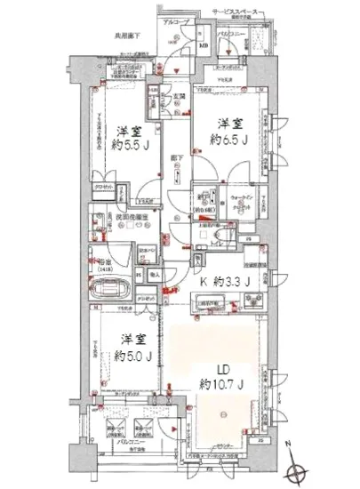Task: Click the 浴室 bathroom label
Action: (x=103, y=261)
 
